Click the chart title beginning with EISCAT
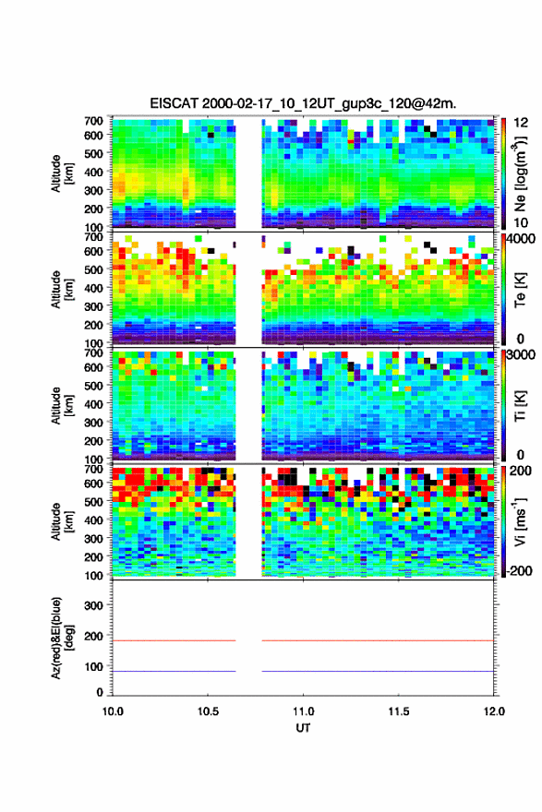[303, 103]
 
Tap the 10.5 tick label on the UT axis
[208, 711]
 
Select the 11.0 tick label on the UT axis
[303, 711]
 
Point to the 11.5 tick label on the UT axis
[399, 711]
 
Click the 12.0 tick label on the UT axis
[494, 711]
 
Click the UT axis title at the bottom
[303, 728]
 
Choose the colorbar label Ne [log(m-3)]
[520, 174]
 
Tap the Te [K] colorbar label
[520, 290]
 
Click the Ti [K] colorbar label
[520, 406]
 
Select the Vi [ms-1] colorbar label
[520, 522]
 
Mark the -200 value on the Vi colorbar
[519, 570]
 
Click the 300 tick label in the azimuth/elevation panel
[93, 605]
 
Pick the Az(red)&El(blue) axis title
[62, 638]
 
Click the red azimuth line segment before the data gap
[175, 640]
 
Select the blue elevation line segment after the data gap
[378, 671]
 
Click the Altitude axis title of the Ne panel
[62, 174]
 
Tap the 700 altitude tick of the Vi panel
[93, 469]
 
